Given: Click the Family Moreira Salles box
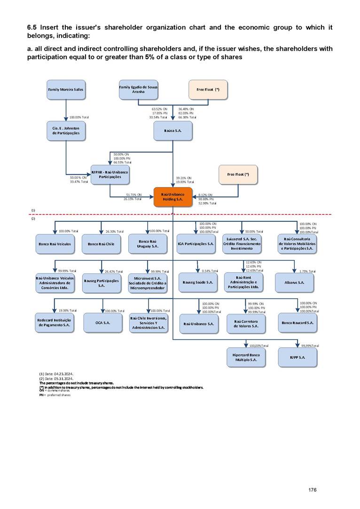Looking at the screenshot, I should pos(66,89).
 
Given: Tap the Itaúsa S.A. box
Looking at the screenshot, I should pos(173,130).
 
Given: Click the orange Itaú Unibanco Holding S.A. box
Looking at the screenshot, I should pos(173,196).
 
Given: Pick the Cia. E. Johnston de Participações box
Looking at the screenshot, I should pos(66,130).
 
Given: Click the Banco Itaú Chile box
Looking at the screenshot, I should pos(102,244).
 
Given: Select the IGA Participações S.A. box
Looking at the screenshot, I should pos(196,244).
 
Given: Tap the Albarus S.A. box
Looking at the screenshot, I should pos(295,282).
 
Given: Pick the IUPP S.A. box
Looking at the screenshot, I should pos(297,357).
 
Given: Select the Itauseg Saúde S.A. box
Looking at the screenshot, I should pos(197,282).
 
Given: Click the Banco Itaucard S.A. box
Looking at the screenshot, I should pos(297,323).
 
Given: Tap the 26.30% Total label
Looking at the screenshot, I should pos(114,231).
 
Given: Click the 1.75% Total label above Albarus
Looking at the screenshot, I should pos(307,271).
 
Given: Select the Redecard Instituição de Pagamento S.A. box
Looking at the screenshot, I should pos(55,323).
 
